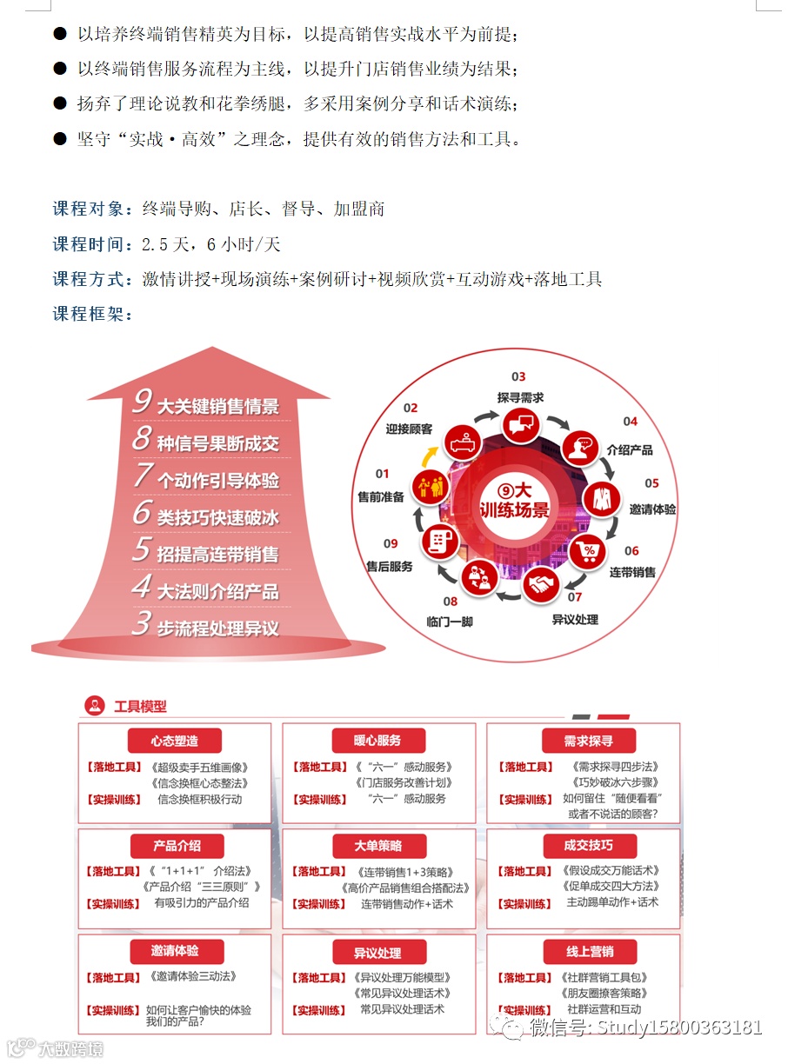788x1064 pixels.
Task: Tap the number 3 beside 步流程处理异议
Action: (141, 624)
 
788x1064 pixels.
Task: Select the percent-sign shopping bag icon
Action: (588, 549)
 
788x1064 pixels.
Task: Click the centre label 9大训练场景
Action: (515, 500)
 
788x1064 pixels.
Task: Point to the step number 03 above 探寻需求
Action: (518, 376)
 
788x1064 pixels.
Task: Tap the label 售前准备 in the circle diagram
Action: (381, 497)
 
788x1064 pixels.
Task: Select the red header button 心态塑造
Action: (174, 741)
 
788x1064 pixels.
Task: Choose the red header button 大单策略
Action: (377, 845)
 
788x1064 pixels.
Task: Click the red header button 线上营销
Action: (590, 950)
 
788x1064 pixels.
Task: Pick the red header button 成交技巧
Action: (589, 845)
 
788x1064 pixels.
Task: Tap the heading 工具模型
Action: (141, 706)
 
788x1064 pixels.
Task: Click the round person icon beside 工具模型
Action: (94, 706)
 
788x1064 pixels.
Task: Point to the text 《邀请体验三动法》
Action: (193, 977)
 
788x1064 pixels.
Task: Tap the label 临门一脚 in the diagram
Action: (450, 622)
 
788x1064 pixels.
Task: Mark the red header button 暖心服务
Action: (377, 741)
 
